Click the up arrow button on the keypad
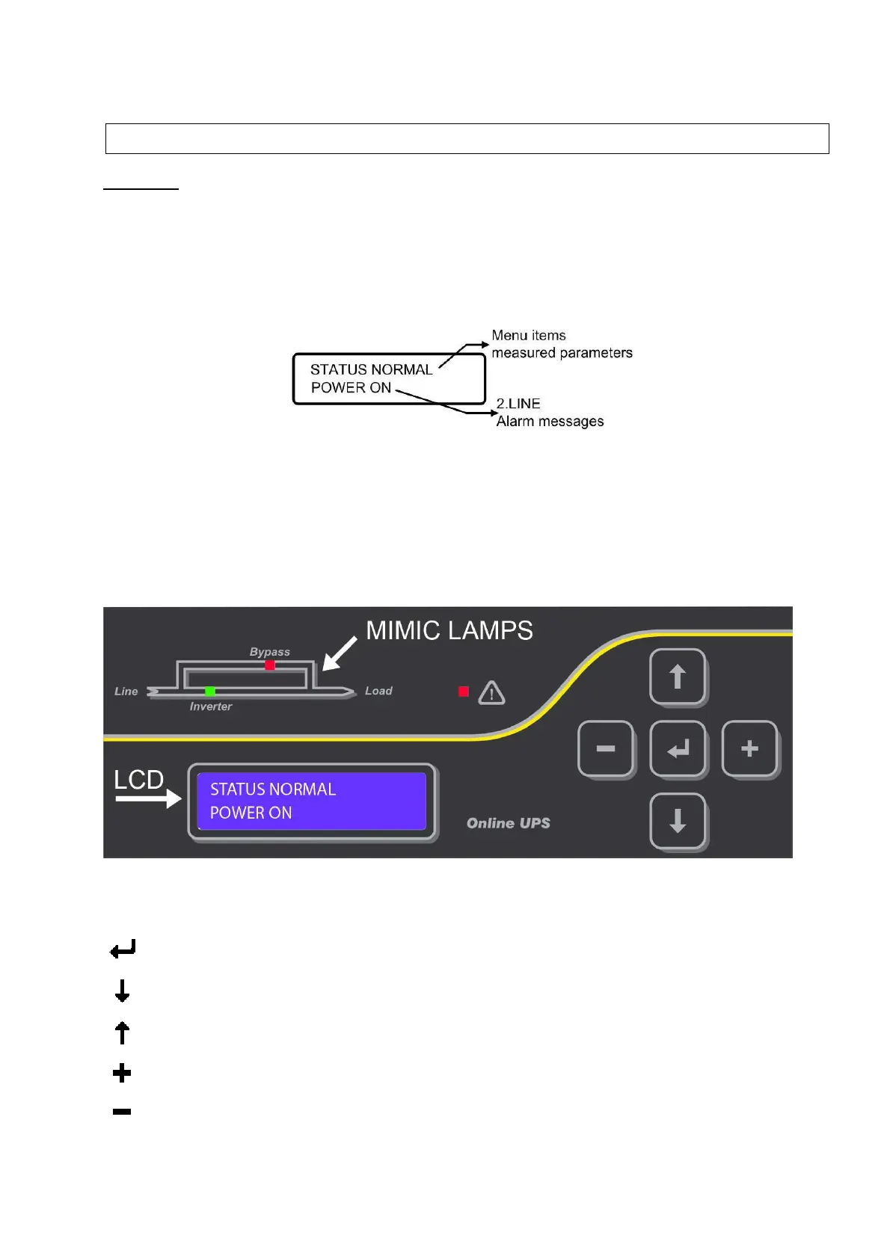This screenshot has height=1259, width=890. [x=678, y=677]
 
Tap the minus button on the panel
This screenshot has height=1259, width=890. [x=606, y=748]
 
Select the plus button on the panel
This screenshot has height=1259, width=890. [x=749, y=748]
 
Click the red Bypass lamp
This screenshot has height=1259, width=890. [x=270, y=665]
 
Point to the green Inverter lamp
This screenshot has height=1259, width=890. [x=210, y=692]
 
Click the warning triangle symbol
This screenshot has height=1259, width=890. [x=491, y=693]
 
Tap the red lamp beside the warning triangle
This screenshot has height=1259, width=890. [x=464, y=692]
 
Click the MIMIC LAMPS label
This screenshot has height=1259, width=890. [x=449, y=631]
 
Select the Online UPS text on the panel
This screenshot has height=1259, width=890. [x=509, y=823]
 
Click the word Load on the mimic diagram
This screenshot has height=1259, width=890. [x=378, y=691]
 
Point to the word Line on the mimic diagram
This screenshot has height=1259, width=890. [x=126, y=692]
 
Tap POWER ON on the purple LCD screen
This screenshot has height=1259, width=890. [x=251, y=813]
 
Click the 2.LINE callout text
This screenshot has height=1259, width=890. [x=518, y=404]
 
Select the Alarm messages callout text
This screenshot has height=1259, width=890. [x=550, y=422]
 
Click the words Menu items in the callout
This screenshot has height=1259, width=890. [x=529, y=336]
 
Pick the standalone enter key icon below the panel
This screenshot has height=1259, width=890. [x=123, y=949]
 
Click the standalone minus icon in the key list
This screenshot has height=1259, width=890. [x=122, y=1112]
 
